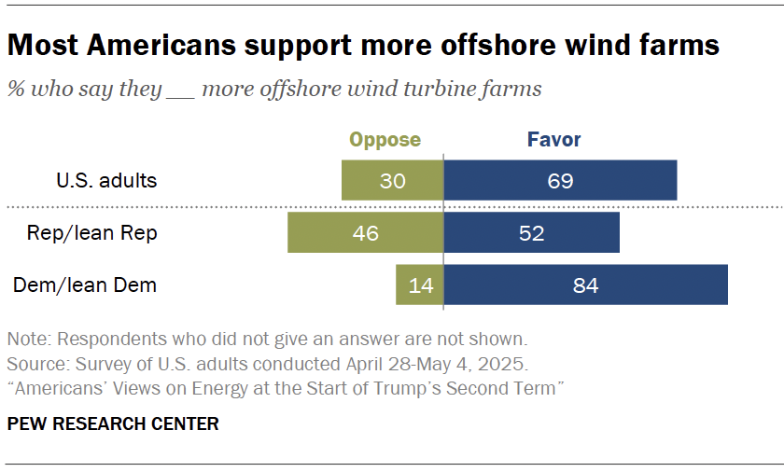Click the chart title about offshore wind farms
363,45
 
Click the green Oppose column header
385,140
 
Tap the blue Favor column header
553,140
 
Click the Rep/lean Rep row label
91,233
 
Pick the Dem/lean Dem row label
85,285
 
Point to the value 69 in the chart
560,180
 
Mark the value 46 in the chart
366,232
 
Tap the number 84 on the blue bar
586,285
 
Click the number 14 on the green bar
422,285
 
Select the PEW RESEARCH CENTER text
113,424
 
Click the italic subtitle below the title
274,90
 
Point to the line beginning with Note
266,338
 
